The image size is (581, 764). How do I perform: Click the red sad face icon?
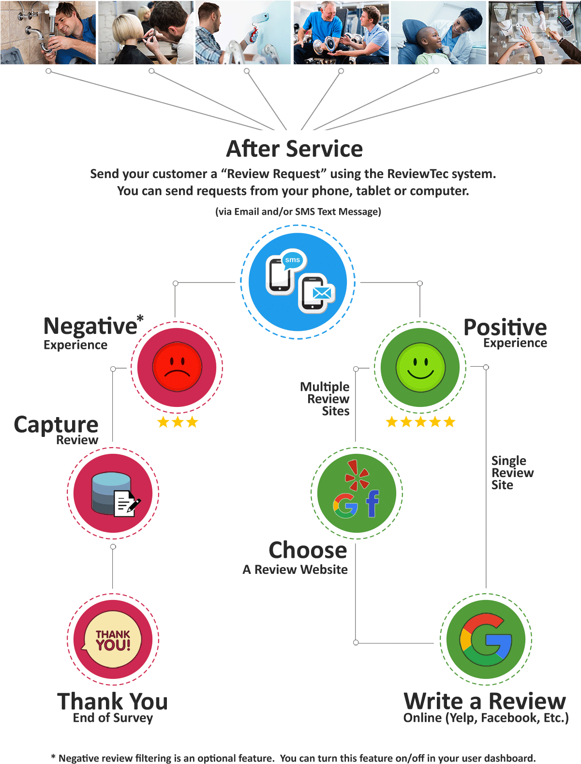pos(177,367)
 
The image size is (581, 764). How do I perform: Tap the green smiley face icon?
pos(420,367)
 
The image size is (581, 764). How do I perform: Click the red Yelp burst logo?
pos(357,475)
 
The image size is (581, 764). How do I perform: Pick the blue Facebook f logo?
pos(372,504)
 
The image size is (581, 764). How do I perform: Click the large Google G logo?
pos(485,640)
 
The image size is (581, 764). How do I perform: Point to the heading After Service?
pos(294,149)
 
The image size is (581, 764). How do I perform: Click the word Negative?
pos(90,326)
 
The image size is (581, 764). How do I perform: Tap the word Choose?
pos(308,550)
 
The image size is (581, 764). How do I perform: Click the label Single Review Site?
pos(512,472)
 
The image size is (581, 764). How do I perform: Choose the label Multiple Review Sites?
pos(325,399)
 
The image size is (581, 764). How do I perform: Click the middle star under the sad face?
pos(178,422)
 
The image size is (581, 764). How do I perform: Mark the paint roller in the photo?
pos(255,26)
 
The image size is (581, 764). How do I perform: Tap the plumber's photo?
pos(48,32)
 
